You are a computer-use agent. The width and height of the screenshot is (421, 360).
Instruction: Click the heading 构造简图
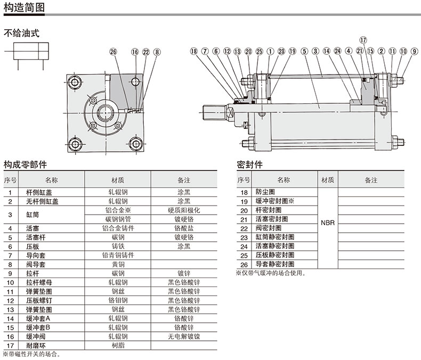23,7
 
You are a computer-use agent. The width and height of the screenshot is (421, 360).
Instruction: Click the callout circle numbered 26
112,52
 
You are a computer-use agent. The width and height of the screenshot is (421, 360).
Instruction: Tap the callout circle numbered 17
363,40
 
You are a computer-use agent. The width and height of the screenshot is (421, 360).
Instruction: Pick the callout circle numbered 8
157,52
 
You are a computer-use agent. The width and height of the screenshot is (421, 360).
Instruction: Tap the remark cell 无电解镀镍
184,336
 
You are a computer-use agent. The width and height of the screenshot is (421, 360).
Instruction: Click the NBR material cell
328,223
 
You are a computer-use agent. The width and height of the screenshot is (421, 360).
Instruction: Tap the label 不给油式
22,33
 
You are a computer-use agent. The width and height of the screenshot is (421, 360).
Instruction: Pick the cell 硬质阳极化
184,210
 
